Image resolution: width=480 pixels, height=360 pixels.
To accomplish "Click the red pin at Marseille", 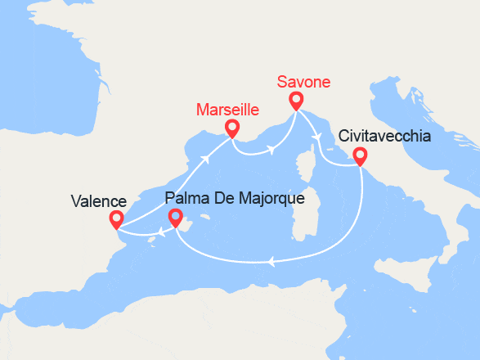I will [x=232, y=127].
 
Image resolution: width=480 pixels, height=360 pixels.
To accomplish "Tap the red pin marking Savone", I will [x=295, y=100].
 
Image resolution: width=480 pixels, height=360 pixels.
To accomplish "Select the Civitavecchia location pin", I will [x=359, y=156].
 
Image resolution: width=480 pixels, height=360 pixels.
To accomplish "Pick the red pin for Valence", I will [x=116, y=218].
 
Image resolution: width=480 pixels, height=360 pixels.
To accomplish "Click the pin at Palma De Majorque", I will [x=174, y=216].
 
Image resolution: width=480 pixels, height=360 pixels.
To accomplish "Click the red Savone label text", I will [x=303, y=82].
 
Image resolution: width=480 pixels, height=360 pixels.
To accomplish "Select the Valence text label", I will [x=98, y=201].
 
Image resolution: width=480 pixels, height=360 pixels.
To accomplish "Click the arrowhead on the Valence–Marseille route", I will [x=204, y=159].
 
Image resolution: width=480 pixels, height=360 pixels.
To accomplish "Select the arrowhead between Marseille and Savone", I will [x=270, y=147].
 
